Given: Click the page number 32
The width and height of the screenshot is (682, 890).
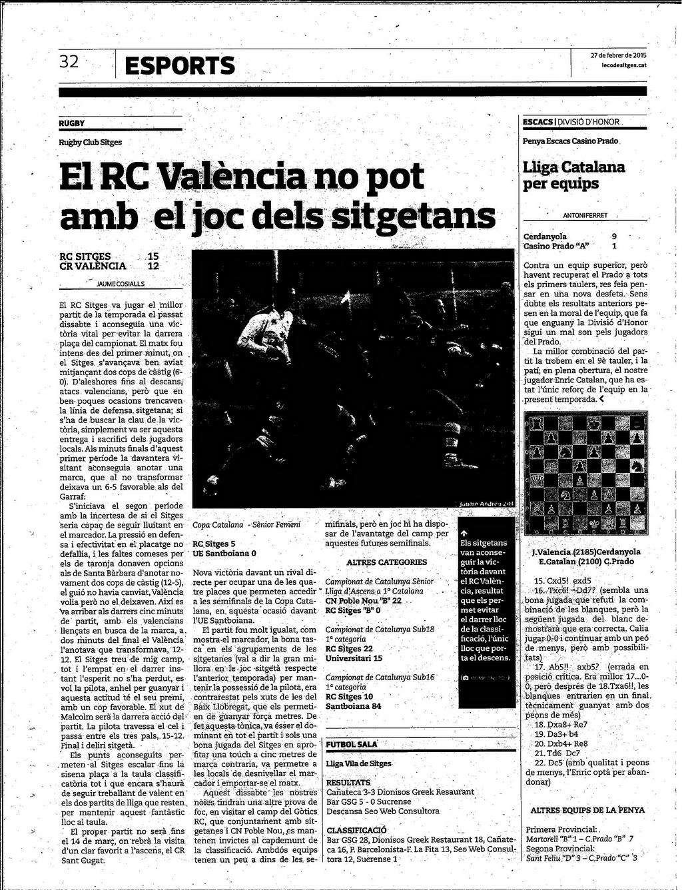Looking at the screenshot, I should pyautogui.click(x=69, y=62).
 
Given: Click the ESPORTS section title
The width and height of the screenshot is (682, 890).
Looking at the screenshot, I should pyautogui.click(x=180, y=66).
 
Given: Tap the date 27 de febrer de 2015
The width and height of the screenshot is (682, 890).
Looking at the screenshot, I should pyautogui.click(x=618, y=55).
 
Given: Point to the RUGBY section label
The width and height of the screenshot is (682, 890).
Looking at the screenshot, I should pyautogui.click(x=71, y=123).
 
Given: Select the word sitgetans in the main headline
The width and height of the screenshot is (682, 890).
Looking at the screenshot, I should pyautogui.click(x=413, y=217).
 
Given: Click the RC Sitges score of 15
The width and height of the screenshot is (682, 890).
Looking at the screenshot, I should pyautogui.click(x=153, y=256).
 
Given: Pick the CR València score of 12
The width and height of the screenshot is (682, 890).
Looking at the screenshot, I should pyautogui.click(x=153, y=266).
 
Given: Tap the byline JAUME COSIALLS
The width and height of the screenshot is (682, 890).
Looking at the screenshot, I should pyautogui.click(x=121, y=283).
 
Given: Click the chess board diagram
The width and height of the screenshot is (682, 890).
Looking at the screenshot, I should pyautogui.click(x=585, y=474).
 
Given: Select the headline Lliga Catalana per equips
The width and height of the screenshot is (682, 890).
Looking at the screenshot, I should pyautogui.click(x=573, y=175).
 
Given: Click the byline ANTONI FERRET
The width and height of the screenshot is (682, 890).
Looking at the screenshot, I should pyautogui.click(x=585, y=215).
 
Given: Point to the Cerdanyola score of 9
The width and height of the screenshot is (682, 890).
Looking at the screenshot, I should pyautogui.click(x=613, y=236).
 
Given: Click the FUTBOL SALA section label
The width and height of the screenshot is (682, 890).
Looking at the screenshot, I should pyautogui.click(x=352, y=744).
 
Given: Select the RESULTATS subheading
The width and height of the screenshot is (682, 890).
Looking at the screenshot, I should pyautogui.click(x=348, y=783).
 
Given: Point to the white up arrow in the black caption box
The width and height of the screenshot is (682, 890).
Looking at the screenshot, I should pyautogui.click(x=464, y=533).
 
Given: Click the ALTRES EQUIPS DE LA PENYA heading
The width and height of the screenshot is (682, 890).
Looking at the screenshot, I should pyautogui.click(x=587, y=810).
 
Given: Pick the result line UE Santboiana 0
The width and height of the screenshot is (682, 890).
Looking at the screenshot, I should pyautogui.click(x=224, y=554).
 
